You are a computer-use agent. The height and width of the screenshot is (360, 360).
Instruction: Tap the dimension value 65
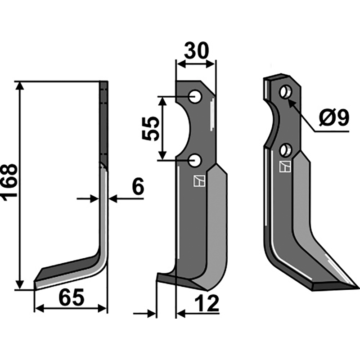pyautogui.click(x=72, y=298)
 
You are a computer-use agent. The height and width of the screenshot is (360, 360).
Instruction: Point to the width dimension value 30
pyautogui.click(x=197, y=50)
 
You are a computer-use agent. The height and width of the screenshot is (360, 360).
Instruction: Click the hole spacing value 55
pyautogui.click(x=151, y=129)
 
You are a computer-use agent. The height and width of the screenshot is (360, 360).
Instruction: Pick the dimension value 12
pyautogui.click(x=207, y=303)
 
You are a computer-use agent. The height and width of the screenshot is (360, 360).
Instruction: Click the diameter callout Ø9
pyautogui.click(x=334, y=117)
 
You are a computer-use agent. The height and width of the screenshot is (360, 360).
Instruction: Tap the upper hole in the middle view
pyautogui.click(x=195, y=97)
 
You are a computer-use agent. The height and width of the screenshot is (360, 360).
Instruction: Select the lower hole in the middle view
pyautogui.click(x=195, y=161)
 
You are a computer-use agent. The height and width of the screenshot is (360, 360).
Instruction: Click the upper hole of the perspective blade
pyautogui.click(x=285, y=92)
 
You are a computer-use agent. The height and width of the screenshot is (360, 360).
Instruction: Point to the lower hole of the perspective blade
pyautogui.click(x=285, y=150)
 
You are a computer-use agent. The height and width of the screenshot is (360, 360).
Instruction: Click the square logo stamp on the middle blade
pyautogui.click(x=199, y=181)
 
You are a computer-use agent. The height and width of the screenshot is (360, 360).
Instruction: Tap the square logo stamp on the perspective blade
pyautogui.click(x=285, y=166)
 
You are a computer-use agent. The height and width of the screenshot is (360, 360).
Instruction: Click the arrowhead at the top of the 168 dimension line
pyautogui.click(x=20, y=85)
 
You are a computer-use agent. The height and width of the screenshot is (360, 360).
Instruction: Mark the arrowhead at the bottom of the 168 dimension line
pyautogui.click(x=20, y=285)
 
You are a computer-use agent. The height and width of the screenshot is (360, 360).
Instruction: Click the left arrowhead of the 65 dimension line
pyautogui.click(x=39, y=309)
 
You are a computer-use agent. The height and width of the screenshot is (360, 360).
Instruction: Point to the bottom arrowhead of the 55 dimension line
pyautogui.click(x=162, y=155)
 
